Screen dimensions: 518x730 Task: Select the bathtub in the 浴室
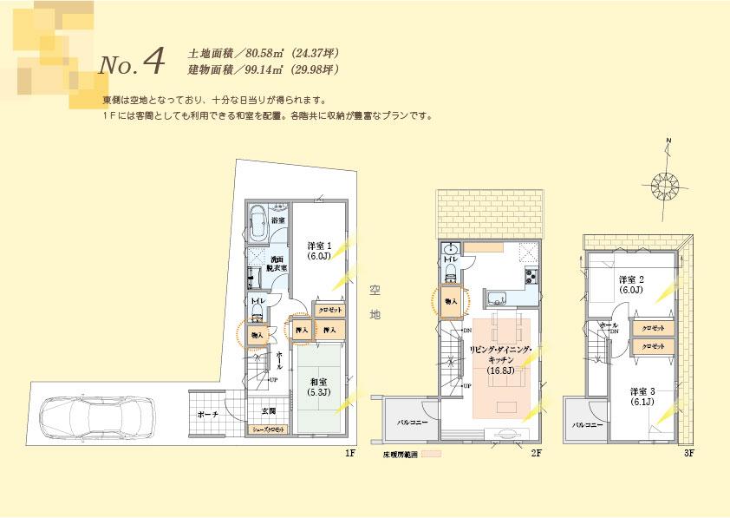click(257, 225)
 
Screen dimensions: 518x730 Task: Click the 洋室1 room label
click(318, 250)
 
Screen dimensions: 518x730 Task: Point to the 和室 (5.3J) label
click(316, 385)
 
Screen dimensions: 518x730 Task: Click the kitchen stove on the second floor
click(530, 277)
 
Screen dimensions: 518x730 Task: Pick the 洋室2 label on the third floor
click(630, 285)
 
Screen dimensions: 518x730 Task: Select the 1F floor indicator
click(349, 453)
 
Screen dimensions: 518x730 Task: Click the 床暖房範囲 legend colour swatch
click(432, 453)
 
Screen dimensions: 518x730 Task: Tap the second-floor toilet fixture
click(450, 271)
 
